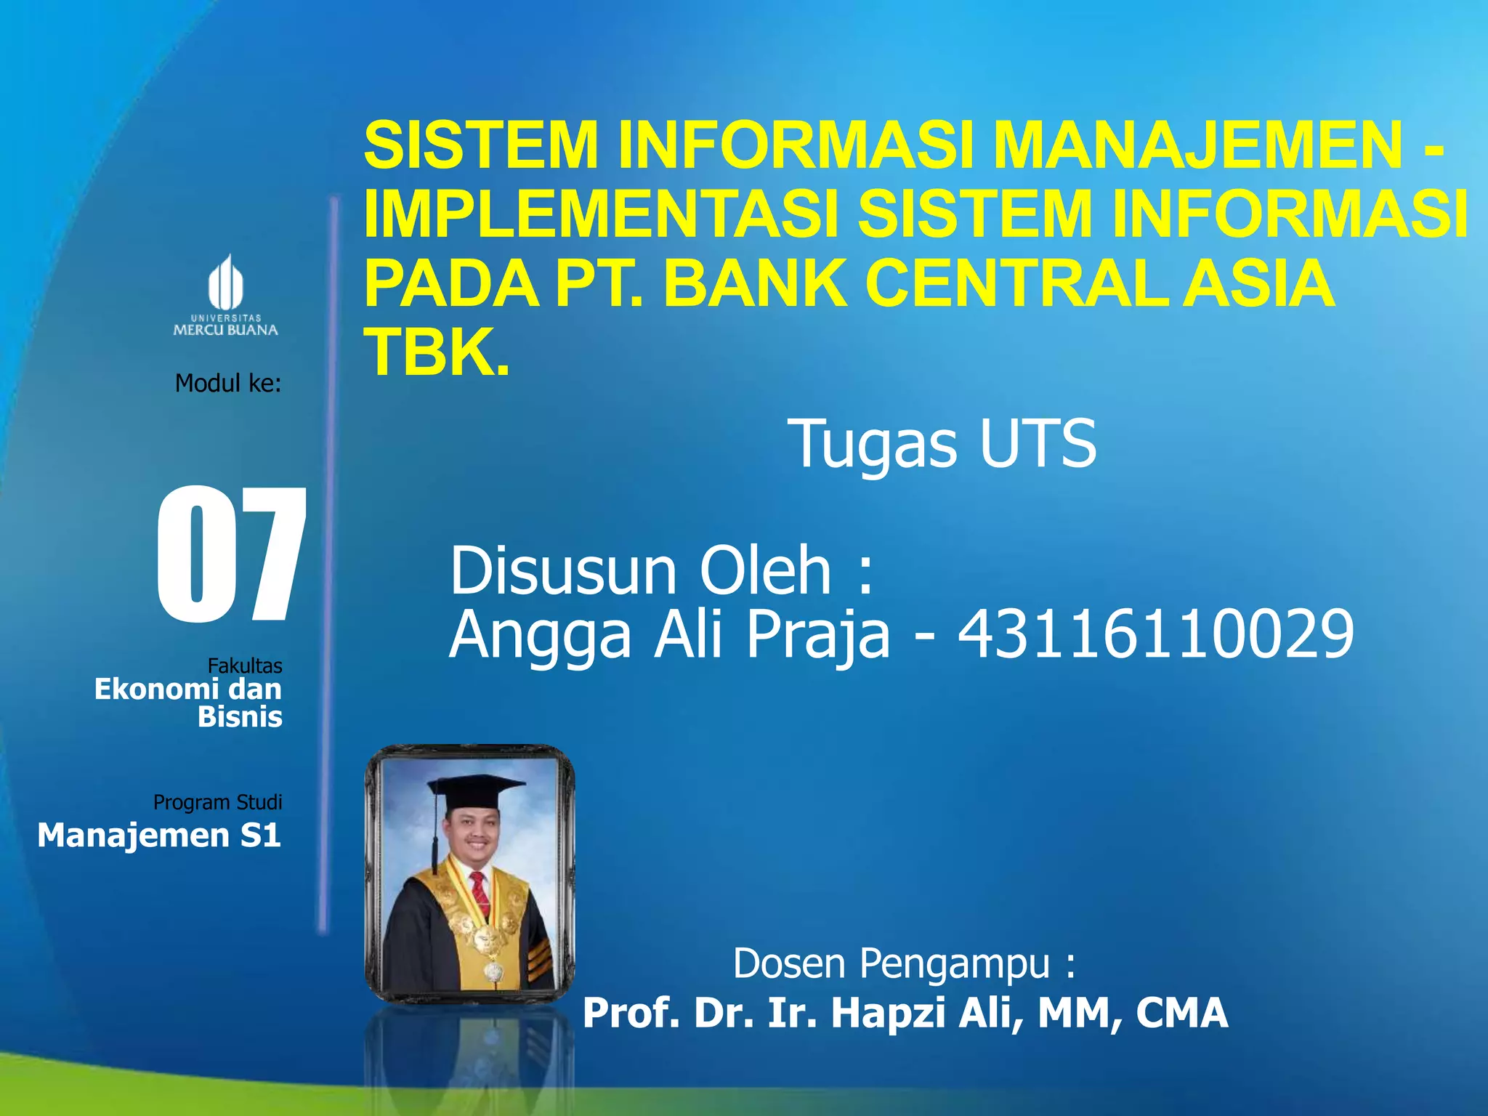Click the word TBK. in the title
point(437,352)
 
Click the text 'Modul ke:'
point(227,383)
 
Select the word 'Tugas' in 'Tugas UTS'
point(875,445)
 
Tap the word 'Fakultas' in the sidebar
point(245,666)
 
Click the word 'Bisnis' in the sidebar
point(240,717)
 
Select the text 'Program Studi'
point(217,802)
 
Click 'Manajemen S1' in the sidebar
point(159,836)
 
